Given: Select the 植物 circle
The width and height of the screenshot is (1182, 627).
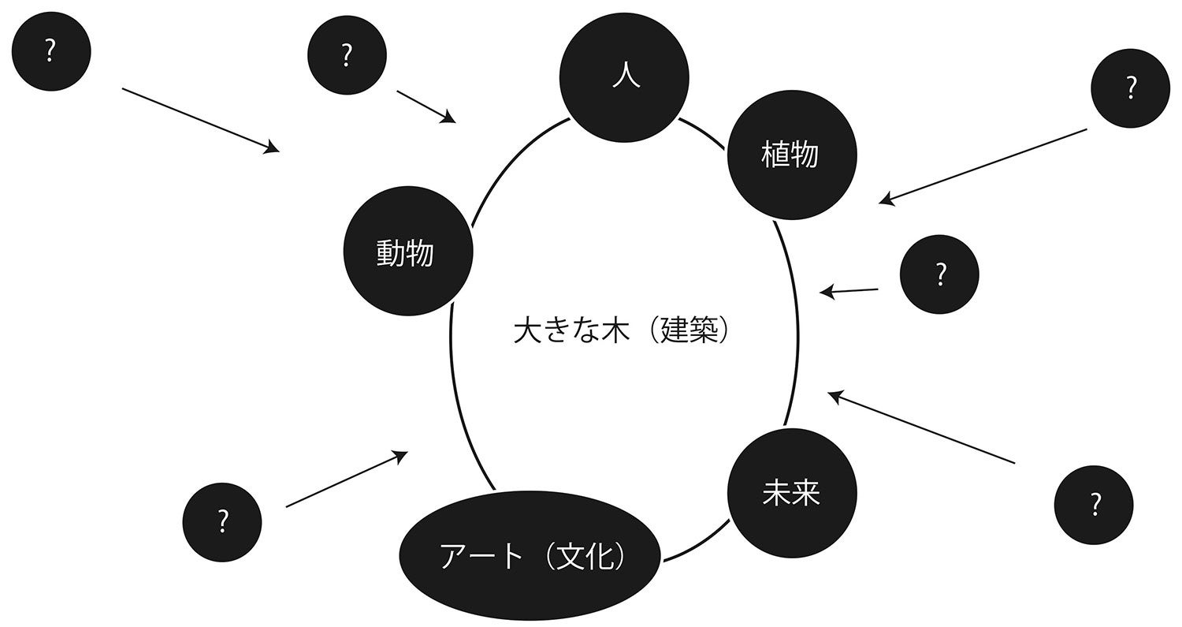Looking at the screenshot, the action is point(791,155).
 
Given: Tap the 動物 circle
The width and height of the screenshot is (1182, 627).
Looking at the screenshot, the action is point(407,252).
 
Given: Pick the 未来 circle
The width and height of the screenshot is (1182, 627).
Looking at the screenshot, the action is point(791,493).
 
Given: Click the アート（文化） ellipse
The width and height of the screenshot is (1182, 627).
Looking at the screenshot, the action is point(530,557).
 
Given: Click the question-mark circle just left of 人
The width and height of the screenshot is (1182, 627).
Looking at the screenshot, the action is point(347,55).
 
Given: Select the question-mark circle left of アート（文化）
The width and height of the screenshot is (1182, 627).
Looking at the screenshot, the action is point(222,522).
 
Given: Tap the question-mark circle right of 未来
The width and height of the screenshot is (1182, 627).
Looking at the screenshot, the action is point(1094,505).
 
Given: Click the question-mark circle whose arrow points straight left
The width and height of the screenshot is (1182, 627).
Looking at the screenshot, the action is point(939,274).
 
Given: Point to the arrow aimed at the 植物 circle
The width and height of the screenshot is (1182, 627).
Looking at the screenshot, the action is point(983,165).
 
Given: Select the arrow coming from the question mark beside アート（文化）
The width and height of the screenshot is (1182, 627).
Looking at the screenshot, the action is point(347,479).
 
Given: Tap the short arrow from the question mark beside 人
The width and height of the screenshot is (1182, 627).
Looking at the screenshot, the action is point(426,106).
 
